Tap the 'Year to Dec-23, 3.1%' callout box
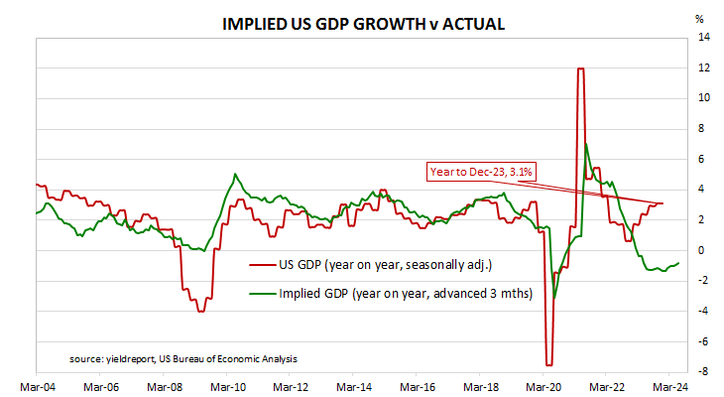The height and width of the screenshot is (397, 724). coord(481,172)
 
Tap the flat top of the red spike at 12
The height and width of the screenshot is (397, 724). coord(580,68)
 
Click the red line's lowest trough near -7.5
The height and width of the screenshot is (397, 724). coord(548,364)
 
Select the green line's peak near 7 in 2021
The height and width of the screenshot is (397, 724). coord(586,144)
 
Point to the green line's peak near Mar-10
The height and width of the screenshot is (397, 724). coord(235,175)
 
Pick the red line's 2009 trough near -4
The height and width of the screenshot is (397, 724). coord(201,311)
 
